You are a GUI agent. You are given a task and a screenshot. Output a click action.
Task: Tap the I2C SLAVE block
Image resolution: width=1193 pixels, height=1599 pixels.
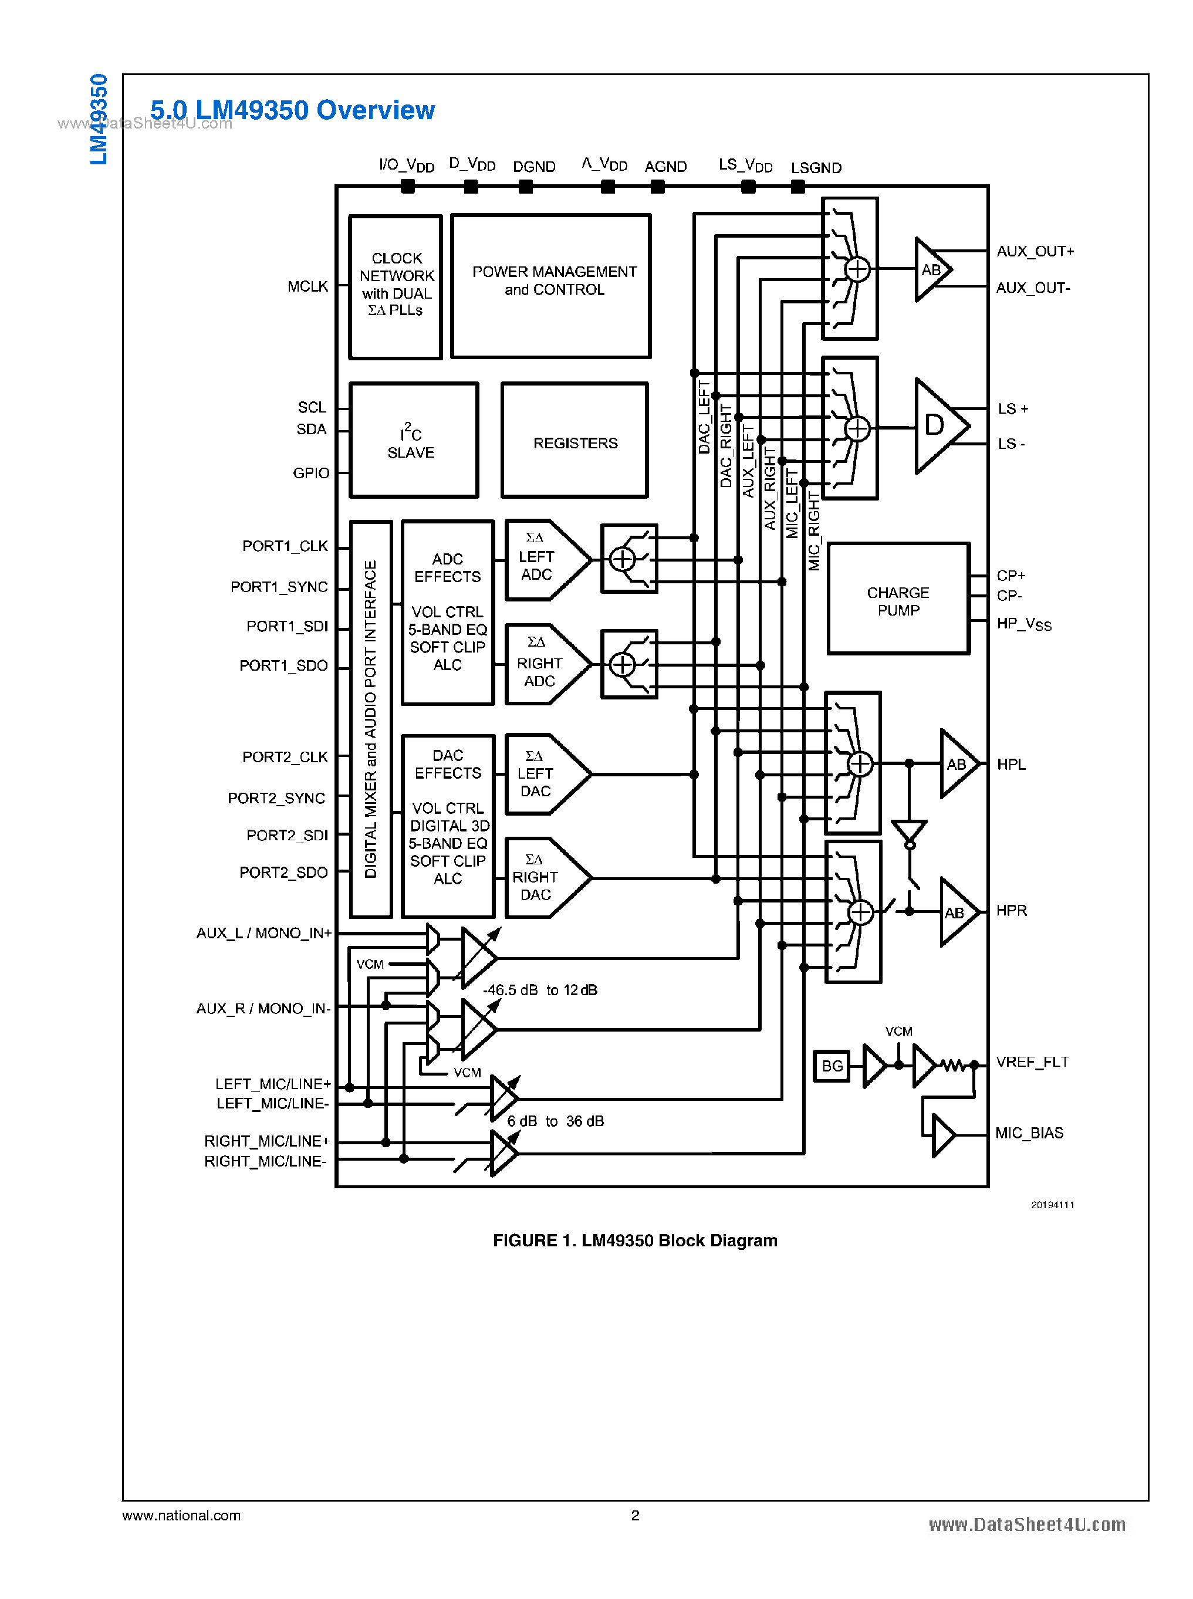click(413, 441)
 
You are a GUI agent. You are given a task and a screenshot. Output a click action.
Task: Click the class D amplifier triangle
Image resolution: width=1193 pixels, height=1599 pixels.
click(938, 425)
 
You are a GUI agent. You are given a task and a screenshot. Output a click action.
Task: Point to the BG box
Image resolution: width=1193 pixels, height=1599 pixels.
click(832, 1066)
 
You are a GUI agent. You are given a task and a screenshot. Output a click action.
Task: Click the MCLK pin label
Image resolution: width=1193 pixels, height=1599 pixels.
click(307, 287)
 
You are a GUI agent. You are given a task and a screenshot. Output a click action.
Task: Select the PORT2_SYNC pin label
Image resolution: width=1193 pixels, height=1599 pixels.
click(276, 798)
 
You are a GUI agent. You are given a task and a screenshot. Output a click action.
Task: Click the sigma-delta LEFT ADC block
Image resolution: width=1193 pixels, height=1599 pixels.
click(542, 560)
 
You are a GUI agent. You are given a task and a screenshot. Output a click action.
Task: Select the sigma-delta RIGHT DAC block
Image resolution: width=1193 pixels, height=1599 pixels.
click(542, 878)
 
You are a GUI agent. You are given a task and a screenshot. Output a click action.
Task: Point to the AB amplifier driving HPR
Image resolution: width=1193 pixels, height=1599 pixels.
click(957, 912)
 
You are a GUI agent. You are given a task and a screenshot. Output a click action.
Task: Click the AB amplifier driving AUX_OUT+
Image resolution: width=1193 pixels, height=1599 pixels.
click(932, 269)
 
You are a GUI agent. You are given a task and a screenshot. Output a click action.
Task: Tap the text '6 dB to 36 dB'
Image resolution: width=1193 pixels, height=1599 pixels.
click(555, 1121)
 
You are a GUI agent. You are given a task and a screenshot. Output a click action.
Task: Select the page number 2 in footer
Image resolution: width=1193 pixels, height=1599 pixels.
click(635, 1515)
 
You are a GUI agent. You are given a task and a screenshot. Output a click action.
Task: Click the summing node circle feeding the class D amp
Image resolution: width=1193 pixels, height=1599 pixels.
click(857, 428)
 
